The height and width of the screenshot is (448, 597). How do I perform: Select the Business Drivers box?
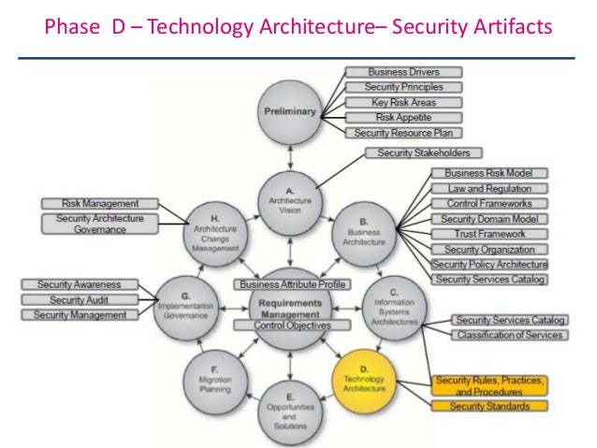pos(391,72)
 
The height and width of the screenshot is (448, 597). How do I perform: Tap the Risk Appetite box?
pos(391,118)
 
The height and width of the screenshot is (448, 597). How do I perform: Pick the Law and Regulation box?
pos(488,188)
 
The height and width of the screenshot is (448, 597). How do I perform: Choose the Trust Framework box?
pos(488,233)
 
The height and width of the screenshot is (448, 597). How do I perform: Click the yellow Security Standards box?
pos(488,407)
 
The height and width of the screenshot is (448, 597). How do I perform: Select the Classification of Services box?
pos(509,335)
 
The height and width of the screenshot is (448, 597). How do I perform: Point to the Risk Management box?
pos(100,203)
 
